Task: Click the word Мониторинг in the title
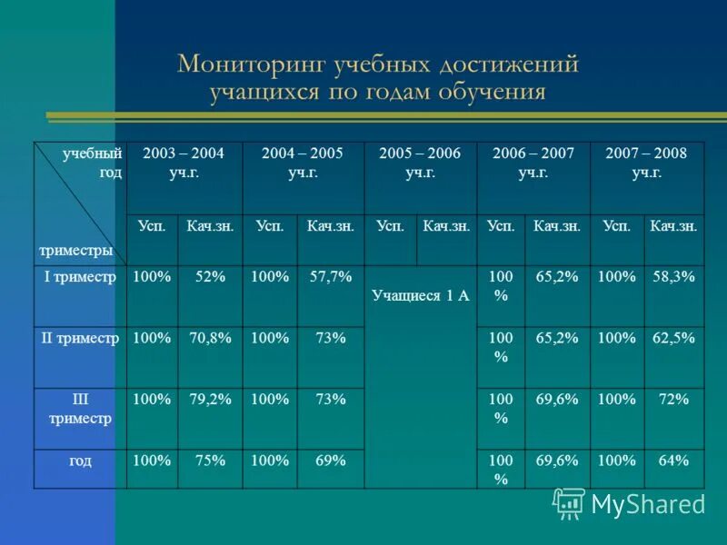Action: (x=238, y=64)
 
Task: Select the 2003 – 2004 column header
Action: (x=184, y=162)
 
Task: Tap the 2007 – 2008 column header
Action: (x=646, y=162)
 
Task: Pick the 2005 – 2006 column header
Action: (x=419, y=162)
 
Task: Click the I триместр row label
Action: (x=80, y=277)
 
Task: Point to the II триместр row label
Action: (x=80, y=338)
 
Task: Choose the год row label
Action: (x=80, y=461)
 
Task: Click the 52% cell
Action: (x=210, y=277)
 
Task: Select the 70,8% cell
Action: (x=210, y=338)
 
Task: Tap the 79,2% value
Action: (x=210, y=399)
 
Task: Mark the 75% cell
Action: (x=210, y=461)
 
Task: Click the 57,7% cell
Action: (x=330, y=277)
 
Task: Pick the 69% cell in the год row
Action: (x=330, y=461)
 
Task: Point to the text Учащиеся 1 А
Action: (x=420, y=295)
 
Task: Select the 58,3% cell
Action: (x=673, y=277)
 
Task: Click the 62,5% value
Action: (x=673, y=338)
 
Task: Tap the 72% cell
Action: (x=673, y=399)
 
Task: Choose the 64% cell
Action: (x=673, y=461)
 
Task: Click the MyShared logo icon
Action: (x=570, y=502)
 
